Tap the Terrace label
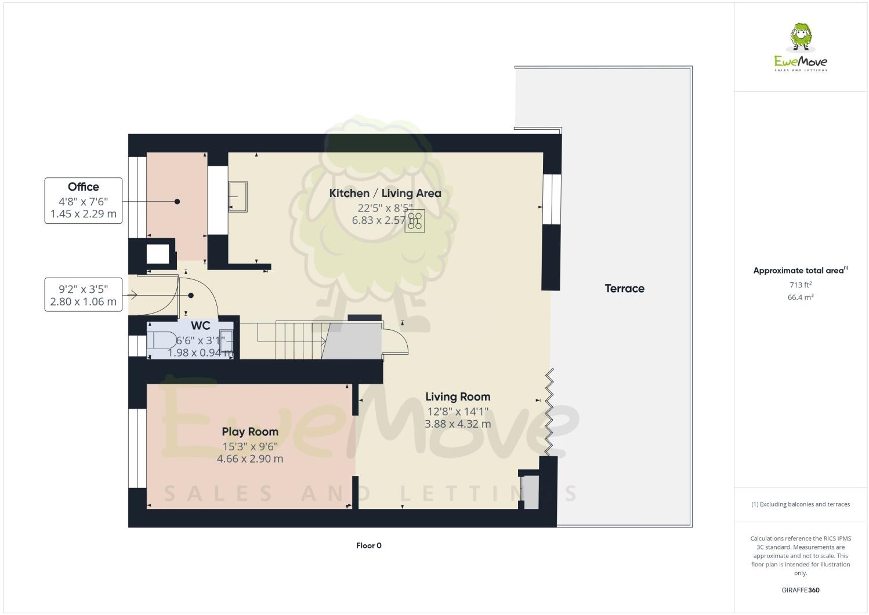tap(624, 288)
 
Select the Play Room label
tap(250, 431)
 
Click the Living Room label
tap(458, 396)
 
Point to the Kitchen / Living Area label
tap(385, 193)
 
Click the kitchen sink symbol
tap(238, 196)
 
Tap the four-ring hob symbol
tap(415, 220)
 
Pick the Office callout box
tap(84, 200)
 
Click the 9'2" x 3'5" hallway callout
tap(84, 294)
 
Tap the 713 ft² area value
tap(800, 285)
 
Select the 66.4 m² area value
tap(800, 297)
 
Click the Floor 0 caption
tap(368, 545)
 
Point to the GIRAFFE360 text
tap(800, 590)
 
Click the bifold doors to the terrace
tap(548, 412)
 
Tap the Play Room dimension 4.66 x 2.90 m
tap(250, 458)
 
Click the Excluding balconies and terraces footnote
tap(800, 504)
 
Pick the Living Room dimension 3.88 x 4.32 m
tap(458, 424)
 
